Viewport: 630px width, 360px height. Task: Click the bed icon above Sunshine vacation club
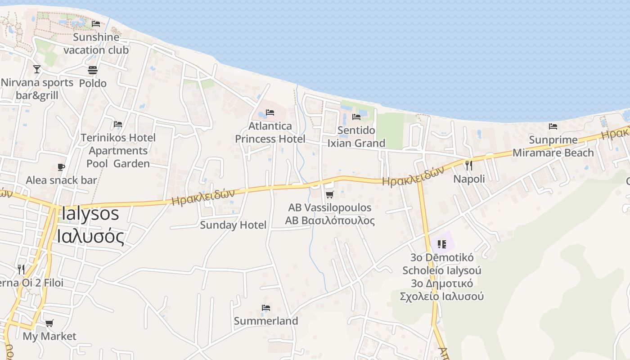(x=95, y=24)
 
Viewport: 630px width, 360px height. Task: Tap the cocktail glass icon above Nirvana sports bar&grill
(x=37, y=69)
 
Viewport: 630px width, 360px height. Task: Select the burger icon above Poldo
(x=93, y=70)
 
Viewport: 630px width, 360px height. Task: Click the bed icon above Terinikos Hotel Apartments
(x=118, y=124)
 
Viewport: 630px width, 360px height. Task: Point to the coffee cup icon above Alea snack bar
(x=61, y=167)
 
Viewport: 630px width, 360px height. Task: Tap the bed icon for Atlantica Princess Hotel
(x=270, y=112)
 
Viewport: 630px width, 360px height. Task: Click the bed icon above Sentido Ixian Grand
(x=356, y=117)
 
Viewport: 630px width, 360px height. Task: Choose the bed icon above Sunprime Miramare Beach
(x=553, y=126)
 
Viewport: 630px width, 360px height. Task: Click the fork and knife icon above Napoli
(x=469, y=166)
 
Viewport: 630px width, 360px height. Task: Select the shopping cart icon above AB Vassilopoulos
(x=329, y=194)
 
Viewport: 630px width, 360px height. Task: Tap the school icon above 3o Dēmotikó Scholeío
(x=441, y=244)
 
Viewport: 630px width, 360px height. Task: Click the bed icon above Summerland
(x=265, y=308)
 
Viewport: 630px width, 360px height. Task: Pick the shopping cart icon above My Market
(x=49, y=323)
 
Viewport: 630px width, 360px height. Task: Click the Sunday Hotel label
(x=233, y=225)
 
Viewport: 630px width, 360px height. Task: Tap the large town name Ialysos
(x=90, y=213)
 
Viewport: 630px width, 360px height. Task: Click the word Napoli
(x=469, y=179)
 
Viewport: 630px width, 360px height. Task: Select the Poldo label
(x=93, y=83)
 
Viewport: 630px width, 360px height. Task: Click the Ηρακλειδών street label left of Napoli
(x=413, y=176)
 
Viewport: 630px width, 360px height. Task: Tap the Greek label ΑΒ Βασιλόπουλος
(x=330, y=221)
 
